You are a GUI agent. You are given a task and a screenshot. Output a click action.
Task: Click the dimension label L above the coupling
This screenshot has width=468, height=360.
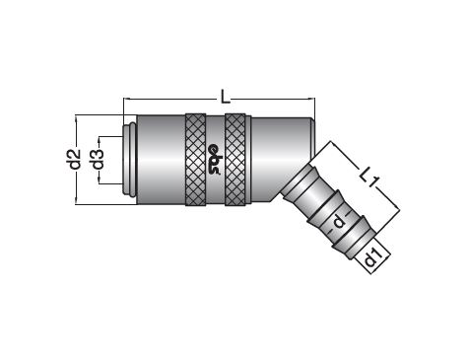click(225, 97)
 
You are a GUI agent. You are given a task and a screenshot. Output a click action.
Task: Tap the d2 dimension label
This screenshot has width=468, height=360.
click(75, 159)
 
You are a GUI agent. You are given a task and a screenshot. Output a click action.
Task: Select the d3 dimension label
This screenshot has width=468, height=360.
click(99, 159)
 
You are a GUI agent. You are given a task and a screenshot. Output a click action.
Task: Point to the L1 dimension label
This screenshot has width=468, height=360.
click(369, 178)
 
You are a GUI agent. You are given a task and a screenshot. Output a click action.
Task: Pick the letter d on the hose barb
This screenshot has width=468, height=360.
click(339, 222)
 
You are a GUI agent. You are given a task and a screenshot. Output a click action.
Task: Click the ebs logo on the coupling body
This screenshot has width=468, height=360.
click(216, 160)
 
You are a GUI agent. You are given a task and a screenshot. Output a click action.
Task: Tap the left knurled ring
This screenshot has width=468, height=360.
click(196, 160)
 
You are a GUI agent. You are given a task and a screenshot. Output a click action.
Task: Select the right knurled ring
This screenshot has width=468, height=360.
click(235, 160)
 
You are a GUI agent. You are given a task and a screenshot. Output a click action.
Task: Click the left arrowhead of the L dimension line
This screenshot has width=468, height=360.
click(126, 99)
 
